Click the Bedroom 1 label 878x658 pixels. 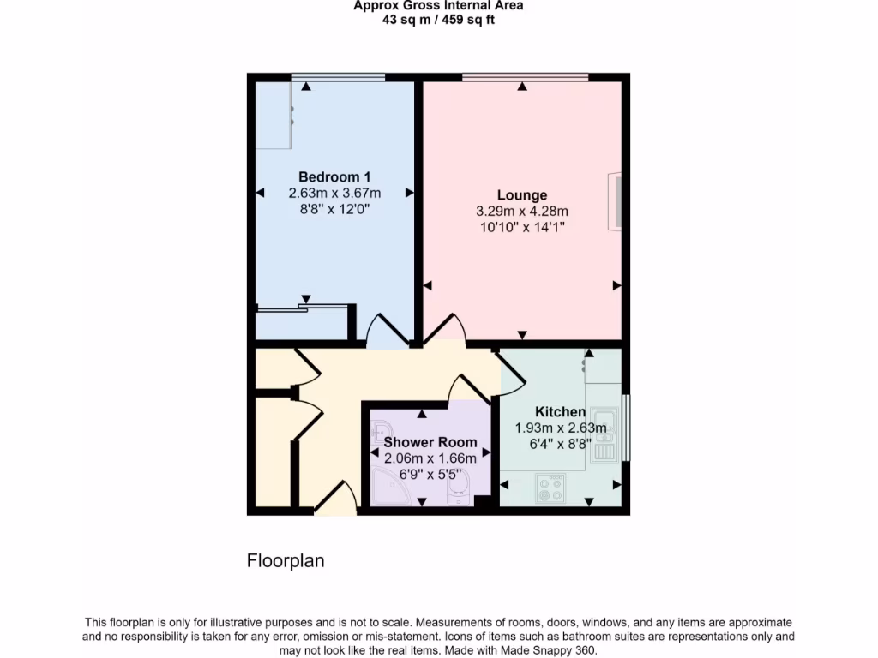pos(334,177)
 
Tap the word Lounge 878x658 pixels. pos(522,195)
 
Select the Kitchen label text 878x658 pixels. pos(561,412)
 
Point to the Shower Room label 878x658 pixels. pos(430,442)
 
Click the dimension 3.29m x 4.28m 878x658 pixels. pos(522,211)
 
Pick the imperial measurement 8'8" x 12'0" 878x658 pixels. pos(334,208)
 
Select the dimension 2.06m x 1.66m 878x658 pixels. pos(430,458)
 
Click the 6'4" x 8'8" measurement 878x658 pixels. pos(561,443)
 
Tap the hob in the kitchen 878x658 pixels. pos(550,488)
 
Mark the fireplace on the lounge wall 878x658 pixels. pos(615,201)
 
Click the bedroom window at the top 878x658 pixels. pos(337,77)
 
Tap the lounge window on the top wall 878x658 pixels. pos(525,77)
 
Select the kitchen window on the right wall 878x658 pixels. pos(626,427)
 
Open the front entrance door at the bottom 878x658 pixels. pos(335,502)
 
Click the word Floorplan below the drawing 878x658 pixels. pos(286,561)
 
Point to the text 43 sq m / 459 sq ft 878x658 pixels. pos(438,20)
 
